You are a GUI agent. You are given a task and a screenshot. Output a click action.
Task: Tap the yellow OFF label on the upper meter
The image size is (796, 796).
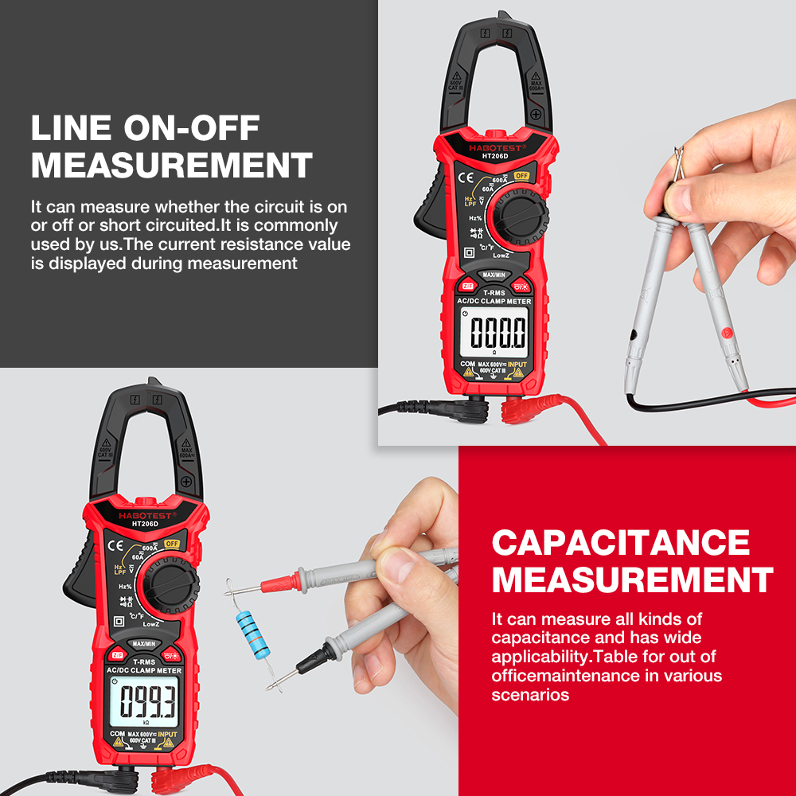(x=521, y=175)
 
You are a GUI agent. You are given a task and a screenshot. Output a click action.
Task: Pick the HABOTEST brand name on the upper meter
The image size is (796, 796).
(x=494, y=148)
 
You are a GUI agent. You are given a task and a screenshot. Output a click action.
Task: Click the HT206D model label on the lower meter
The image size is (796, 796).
(x=146, y=523)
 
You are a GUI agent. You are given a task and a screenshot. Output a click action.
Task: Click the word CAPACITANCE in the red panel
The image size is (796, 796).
(x=621, y=543)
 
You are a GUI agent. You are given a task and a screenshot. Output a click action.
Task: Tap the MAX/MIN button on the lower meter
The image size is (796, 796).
(x=145, y=643)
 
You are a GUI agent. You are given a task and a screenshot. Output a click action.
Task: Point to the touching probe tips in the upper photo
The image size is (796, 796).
(x=677, y=163)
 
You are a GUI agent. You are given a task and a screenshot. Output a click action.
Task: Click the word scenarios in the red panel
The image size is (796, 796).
(x=530, y=694)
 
